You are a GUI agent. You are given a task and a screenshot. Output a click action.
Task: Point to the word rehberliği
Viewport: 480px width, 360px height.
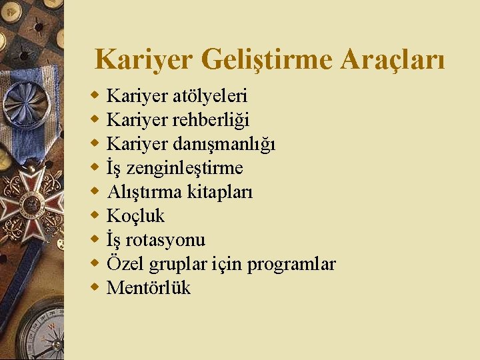(212, 120)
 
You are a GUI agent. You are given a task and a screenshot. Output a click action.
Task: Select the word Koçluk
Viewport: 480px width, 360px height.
(135, 216)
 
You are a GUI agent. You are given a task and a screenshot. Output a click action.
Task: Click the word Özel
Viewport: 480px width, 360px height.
(122, 264)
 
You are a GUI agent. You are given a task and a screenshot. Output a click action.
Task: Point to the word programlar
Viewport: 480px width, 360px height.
(291, 264)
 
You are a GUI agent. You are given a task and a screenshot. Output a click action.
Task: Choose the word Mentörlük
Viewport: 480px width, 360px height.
(149, 288)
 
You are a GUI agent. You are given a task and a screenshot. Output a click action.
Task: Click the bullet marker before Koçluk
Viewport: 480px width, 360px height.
(95, 215)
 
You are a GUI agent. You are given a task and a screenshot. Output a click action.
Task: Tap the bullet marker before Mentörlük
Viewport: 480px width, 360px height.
(95, 287)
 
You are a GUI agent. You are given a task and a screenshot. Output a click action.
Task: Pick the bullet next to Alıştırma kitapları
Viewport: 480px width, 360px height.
(95, 191)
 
